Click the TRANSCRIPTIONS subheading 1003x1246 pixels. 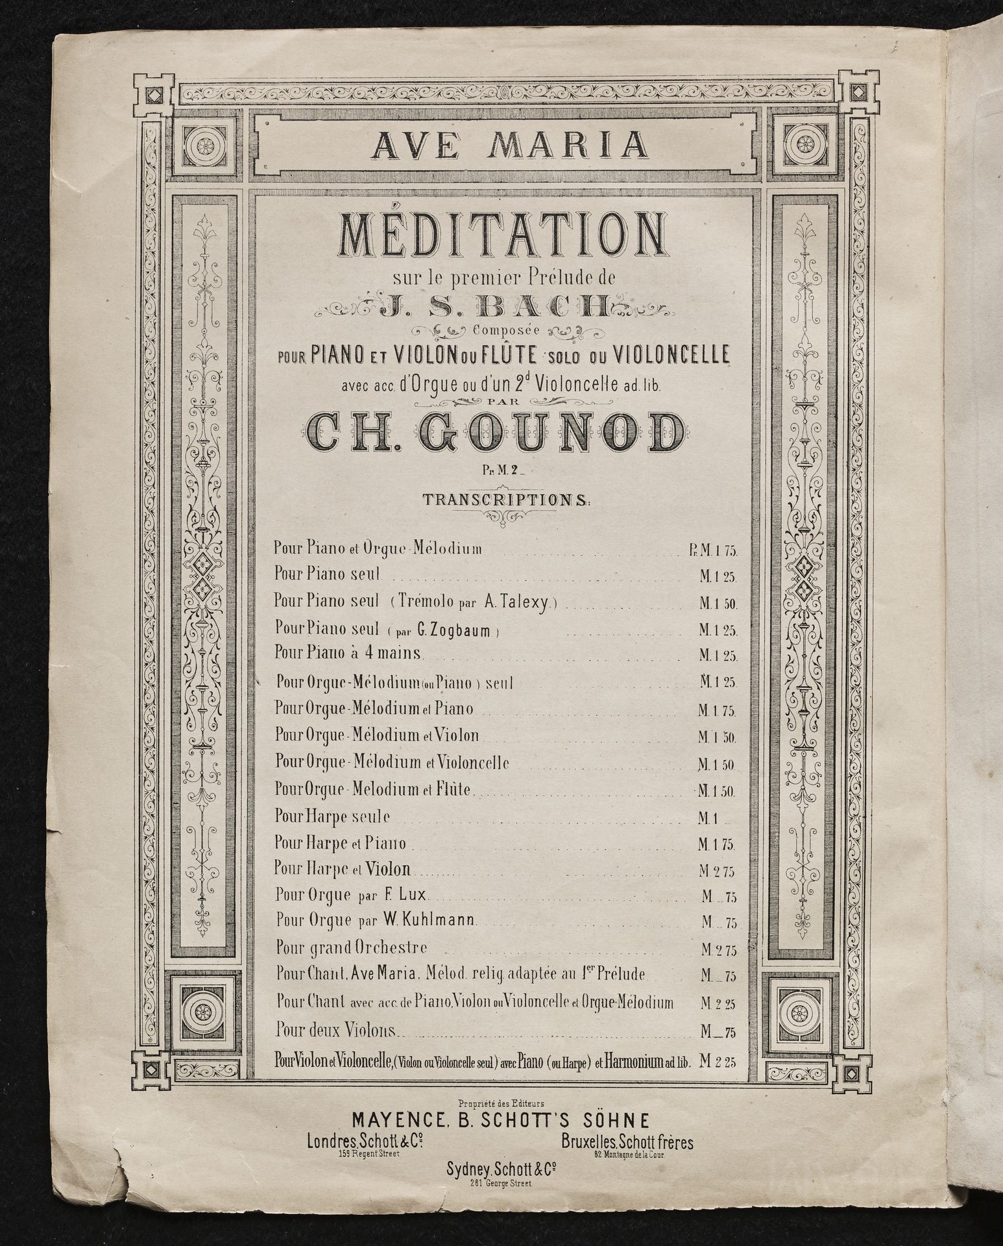point(505,500)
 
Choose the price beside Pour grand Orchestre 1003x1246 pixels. point(718,950)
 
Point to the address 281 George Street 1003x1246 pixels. point(502,1183)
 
